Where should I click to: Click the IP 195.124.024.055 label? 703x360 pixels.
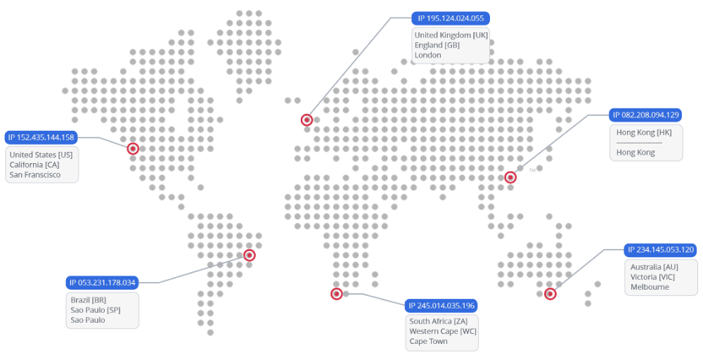(x=451, y=18)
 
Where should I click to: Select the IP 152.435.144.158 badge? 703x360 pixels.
(x=41, y=137)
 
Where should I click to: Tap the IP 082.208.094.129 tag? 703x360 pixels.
(x=645, y=115)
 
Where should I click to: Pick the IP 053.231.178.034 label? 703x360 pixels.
(x=102, y=283)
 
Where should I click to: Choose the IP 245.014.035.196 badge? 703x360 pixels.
(x=441, y=305)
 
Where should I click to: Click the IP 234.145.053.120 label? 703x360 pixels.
(x=661, y=250)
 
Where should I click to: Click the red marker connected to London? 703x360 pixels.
(x=307, y=120)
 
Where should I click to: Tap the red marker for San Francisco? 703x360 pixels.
(x=133, y=149)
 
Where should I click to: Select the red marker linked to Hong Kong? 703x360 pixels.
(x=511, y=178)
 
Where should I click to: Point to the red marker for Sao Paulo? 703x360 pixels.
(x=249, y=255)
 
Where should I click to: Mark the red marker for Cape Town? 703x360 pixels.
(x=337, y=294)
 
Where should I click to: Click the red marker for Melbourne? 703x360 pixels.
(x=550, y=294)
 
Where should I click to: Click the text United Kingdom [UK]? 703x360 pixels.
(x=451, y=35)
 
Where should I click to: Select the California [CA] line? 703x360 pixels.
(x=34, y=165)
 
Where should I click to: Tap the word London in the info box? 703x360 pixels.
(x=428, y=55)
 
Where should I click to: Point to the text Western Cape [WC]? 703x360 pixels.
(x=443, y=331)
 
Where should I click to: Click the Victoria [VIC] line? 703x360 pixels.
(x=652, y=277)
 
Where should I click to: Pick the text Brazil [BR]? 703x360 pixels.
(x=89, y=300)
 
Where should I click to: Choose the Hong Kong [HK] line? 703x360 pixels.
(x=644, y=132)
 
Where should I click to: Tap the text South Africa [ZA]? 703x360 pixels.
(x=439, y=321)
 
